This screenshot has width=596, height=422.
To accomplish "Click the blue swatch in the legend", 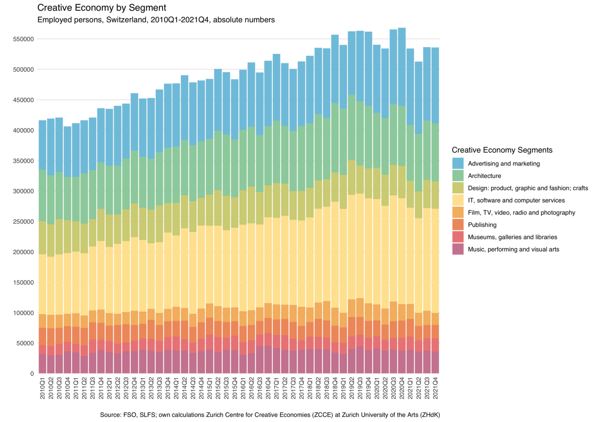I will click(458, 163).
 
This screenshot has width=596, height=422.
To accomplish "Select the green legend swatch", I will click(458, 175).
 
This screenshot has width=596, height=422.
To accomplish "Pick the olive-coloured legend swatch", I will click(458, 188).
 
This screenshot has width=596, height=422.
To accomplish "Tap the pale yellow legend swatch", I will click(458, 200).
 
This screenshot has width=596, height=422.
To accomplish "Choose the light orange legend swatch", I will click(458, 212).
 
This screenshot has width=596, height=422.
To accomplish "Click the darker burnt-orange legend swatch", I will click(458, 225).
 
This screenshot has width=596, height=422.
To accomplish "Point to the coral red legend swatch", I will click(458, 237).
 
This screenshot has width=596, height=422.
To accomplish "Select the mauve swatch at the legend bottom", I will click(458, 249).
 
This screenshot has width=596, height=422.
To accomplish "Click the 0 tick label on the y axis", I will click(32, 373).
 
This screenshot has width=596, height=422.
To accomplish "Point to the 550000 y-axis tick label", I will click(23, 39).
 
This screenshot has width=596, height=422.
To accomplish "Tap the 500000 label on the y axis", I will click(23, 69).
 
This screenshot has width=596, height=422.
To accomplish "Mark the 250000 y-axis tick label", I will click(23, 221).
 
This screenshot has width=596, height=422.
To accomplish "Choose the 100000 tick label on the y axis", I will click(23, 313).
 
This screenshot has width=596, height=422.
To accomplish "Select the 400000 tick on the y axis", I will click(23, 130).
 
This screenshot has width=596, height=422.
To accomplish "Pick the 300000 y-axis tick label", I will click(23, 191).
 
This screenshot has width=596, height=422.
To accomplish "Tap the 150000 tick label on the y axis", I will click(23, 282).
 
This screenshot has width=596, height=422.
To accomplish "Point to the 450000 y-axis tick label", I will click(23, 100).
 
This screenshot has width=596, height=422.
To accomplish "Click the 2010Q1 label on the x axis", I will click(42, 388).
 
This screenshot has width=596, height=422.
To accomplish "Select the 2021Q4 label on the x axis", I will click(435, 388).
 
